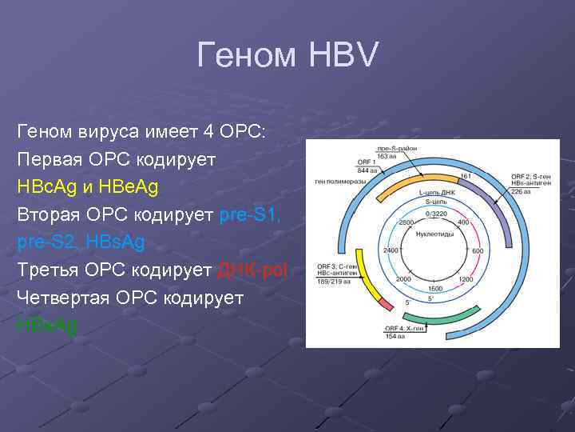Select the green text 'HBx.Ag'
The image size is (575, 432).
click(47, 324)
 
